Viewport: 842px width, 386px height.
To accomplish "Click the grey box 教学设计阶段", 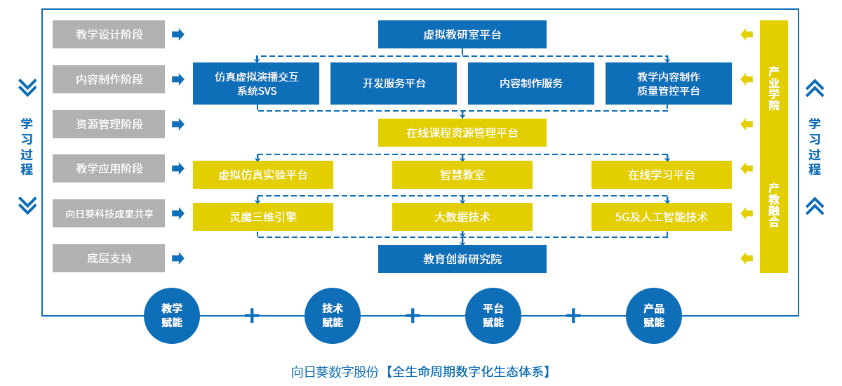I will [x=109, y=34].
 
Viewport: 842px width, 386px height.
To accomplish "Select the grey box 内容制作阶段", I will [x=109, y=79].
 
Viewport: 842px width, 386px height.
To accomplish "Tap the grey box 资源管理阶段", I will [x=109, y=124].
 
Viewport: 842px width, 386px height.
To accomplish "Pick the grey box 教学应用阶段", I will [x=109, y=168].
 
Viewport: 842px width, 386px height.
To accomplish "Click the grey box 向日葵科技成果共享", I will [x=109, y=213].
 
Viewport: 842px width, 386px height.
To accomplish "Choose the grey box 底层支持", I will [x=109, y=258].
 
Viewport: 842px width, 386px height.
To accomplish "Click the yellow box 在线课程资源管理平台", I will [x=462, y=133].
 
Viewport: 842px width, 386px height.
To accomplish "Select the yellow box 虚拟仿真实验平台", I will [x=262, y=175].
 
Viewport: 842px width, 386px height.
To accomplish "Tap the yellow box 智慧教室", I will [x=462, y=175].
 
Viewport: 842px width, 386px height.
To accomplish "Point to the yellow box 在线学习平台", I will [x=661, y=175].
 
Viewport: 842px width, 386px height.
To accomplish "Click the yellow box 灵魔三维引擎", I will [x=262, y=217].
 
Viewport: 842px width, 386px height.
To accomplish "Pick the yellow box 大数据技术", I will [x=462, y=217].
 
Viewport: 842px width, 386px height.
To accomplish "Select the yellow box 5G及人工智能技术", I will [x=661, y=217].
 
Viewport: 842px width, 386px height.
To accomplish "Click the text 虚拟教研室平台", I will [x=462, y=34].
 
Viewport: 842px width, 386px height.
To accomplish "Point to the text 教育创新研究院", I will [x=462, y=259].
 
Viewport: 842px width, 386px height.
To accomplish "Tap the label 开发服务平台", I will [x=394, y=83].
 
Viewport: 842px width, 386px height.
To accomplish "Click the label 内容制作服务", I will [x=530, y=83].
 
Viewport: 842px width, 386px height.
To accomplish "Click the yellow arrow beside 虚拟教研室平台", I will [x=747, y=34].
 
